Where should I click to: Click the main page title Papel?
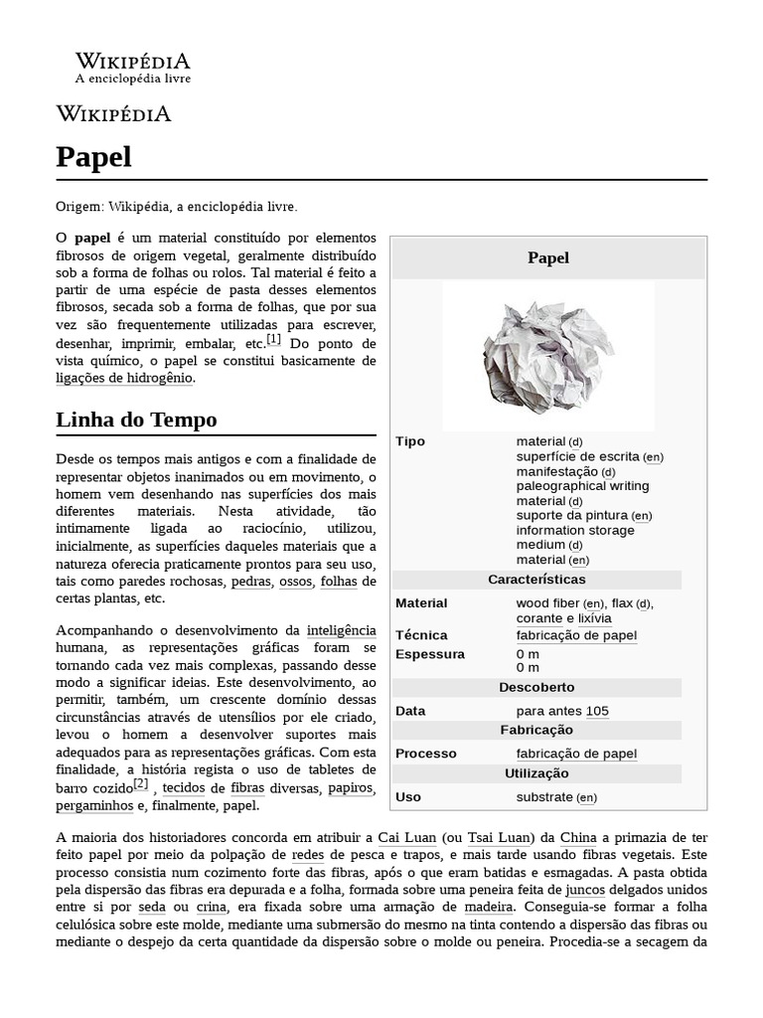[x=93, y=157]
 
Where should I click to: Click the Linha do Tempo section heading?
[x=136, y=420]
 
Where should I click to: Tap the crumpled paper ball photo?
[x=547, y=353]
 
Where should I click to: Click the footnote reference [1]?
[x=273, y=340]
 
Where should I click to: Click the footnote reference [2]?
[x=140, y=784]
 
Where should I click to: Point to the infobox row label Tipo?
[x=410, y=441]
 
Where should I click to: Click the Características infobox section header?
[x=536, y=580]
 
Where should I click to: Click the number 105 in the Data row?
[x=597, y=711]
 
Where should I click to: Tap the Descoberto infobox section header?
[x=536, y=687]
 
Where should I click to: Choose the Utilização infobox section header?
[x=536, y=773]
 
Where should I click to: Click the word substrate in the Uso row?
[x=544, y=796]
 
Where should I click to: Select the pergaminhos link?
[x=94, y=805]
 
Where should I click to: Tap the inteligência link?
[x=341, y=630]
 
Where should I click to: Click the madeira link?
[x=488, y=907]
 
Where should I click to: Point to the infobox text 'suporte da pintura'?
[x=571, y=515]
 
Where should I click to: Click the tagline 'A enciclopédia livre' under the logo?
[x=133, y=79]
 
